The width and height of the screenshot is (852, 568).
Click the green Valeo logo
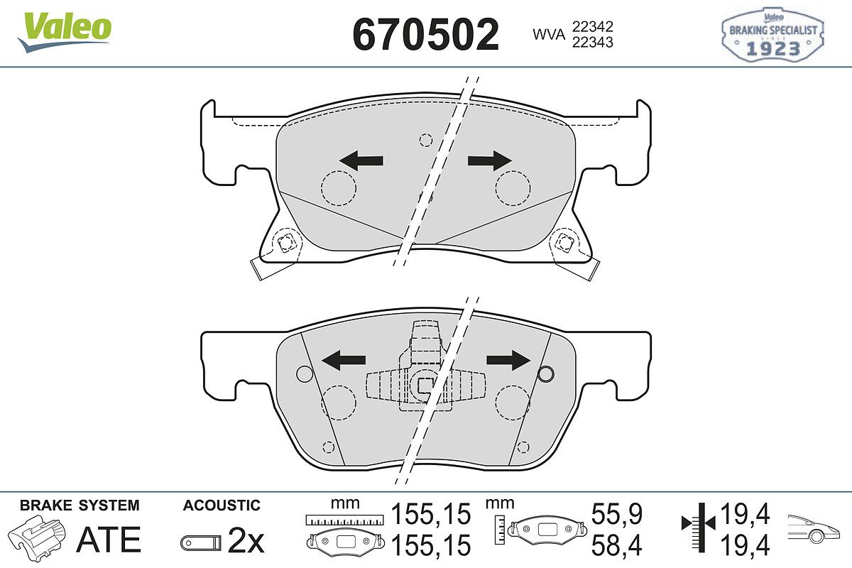[65, 31]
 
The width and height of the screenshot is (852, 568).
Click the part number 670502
[425, 35]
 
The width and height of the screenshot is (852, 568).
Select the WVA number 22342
[593, 27]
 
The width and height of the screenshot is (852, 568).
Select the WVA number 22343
[593, 42]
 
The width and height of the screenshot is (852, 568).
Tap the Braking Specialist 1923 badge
[772, 35]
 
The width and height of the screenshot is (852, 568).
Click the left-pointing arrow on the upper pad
[361, 160]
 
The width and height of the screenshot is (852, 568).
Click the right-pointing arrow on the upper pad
[490, 160]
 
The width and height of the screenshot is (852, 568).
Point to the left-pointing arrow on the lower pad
[344, 360]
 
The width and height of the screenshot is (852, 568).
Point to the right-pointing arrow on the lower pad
[508, 360]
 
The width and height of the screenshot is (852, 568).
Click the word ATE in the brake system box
[109, 540]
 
